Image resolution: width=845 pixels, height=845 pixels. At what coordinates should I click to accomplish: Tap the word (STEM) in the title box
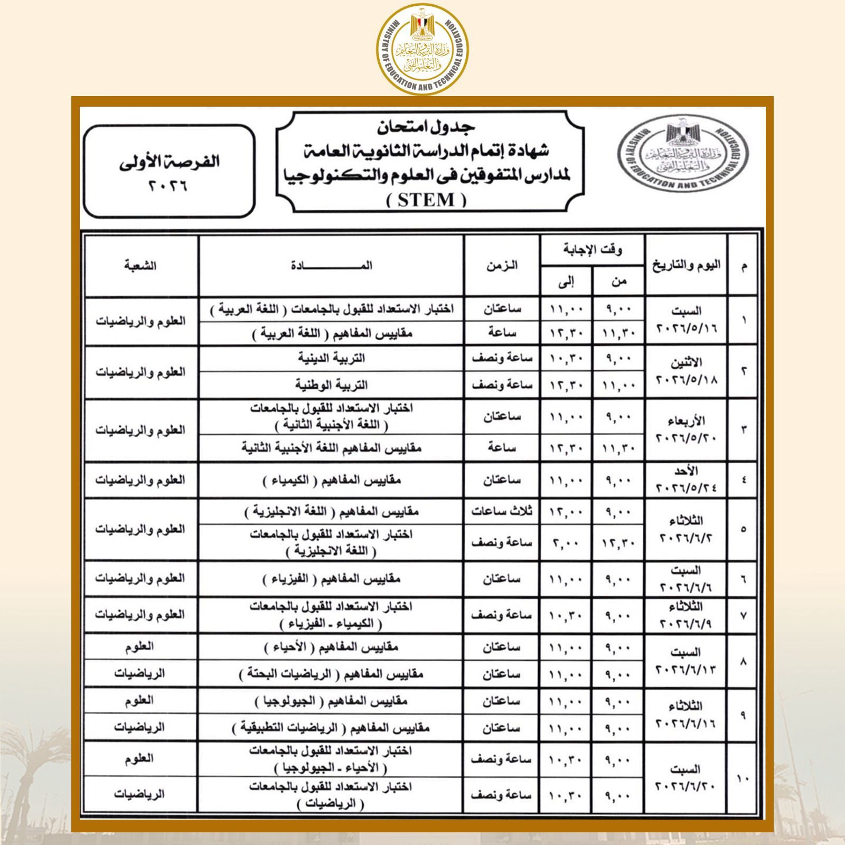pyautogui.click(x=427, y=200)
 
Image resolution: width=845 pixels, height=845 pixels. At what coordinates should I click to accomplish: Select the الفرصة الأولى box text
pyautogui.click(x=169, y=172)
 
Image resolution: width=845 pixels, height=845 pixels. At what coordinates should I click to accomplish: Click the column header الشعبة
pyautogui.click(x=140, y=266)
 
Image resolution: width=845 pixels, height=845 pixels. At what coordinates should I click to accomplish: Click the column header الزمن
pyautogui.click(x=502, y=266)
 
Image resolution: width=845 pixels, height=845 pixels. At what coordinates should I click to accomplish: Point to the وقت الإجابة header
pyautogui.click(x=592, y=249)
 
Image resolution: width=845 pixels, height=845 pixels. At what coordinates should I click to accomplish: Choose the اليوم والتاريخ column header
pyautogui.click(x=686, y=266)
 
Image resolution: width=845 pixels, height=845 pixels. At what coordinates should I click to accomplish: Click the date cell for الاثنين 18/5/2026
pyautogui.click(x=686, y=372)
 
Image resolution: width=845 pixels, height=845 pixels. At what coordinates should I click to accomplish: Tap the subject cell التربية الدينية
pyautogui.click(x=331, y=359)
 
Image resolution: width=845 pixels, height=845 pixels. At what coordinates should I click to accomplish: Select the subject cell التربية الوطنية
pyautogui.click(x=331, y=385)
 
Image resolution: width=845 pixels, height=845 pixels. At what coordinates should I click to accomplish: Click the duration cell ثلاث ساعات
pyautogui.click(x=502, y=511)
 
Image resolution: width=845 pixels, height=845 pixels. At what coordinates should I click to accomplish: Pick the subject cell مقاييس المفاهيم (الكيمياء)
pyautogui.click(x=331, y=481)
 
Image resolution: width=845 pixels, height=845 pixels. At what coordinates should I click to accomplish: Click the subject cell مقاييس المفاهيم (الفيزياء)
pyautogui.click(x=331, y=579)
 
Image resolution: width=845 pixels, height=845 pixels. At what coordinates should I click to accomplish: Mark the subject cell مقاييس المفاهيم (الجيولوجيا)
pyautogui.click(x=331, y=701)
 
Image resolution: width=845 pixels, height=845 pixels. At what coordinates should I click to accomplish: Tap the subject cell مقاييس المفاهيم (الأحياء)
pyautogui.click(x=331, y=647)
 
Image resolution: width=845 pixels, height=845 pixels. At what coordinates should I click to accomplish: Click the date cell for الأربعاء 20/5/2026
pyautogui.click(x=686, y=430)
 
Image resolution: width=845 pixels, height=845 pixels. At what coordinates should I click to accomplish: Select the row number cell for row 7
pyautogui.click(x=743, y=615)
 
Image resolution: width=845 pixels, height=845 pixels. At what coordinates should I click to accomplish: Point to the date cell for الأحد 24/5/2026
pyautogui.click(x=686, y=480)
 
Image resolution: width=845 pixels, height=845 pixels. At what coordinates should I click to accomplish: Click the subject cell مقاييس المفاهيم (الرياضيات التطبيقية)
pyautogui.click(x=331, y=728)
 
